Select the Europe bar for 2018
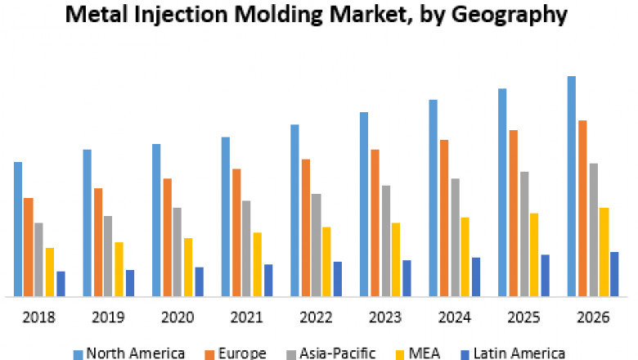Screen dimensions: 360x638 29,246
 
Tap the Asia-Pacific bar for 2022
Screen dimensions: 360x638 316,245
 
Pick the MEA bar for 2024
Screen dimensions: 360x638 465,256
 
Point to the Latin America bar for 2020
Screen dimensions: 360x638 200,281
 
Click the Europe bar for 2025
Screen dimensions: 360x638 513,213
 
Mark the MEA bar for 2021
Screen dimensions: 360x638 258,263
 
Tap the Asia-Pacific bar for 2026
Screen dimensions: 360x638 593,229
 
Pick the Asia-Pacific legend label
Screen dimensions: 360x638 335,353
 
